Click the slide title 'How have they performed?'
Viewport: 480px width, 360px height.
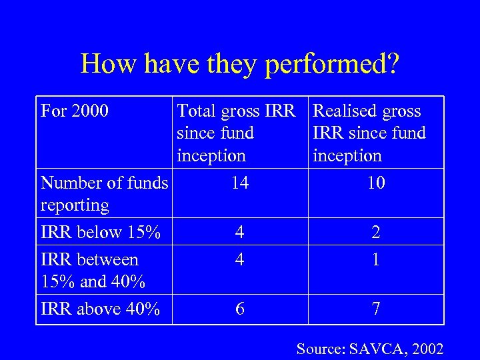(x=240, y=65)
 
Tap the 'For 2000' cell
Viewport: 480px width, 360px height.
(x=75, y=110)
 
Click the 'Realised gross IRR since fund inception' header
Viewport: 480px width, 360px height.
(x=369, y=133)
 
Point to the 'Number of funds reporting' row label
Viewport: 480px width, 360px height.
(x=103, y=193)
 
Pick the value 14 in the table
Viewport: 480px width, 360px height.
(x=240, y=183)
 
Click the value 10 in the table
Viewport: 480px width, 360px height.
(x=376, y=183)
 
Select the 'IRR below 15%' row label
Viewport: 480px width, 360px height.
(x=101, y=233)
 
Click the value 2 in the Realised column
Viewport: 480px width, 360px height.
(x=376, y=233)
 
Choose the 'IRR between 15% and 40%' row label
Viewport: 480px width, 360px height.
(x=93, y=270)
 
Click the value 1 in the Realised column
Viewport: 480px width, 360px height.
(x=376, y=259)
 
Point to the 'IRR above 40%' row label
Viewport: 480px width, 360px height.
(x=101, y=309)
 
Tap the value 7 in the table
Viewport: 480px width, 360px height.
(x=376, y=309)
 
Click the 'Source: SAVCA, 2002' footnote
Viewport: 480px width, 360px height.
(x=371, y=348)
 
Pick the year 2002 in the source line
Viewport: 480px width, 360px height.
(x=426, y=348)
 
